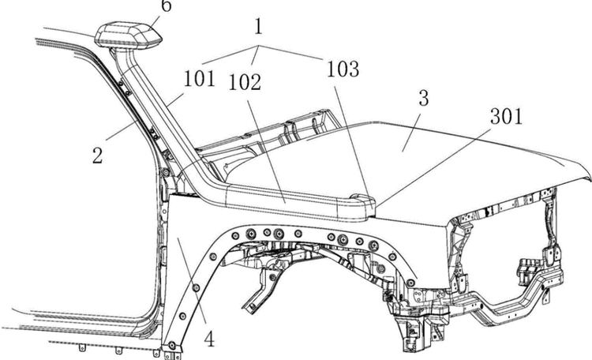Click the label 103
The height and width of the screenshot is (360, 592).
tap(342, 70)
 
